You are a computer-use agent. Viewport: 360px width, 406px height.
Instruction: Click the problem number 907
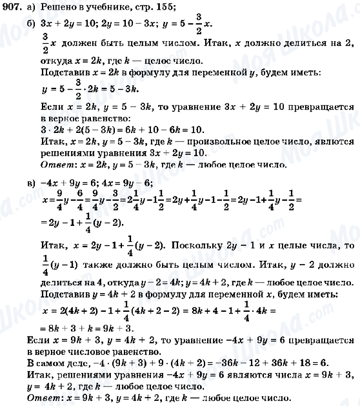pos(11,7)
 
